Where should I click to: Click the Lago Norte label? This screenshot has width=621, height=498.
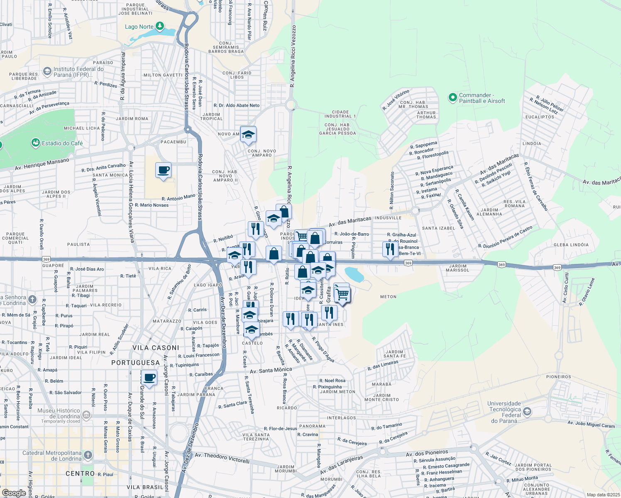point(139,27)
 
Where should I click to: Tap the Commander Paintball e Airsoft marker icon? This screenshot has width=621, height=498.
point(452,98)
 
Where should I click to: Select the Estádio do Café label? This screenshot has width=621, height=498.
point(62,144)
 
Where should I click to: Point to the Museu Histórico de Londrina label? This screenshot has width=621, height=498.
point(59,413)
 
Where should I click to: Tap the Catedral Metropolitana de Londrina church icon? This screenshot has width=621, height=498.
point(88,455)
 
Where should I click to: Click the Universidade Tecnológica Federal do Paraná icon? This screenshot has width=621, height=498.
point(527,412)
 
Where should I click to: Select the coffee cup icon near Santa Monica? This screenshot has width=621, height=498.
point(164,170)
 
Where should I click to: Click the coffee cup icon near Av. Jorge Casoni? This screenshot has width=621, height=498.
point(149,378)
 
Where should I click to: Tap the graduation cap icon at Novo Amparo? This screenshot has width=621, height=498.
point(248,134)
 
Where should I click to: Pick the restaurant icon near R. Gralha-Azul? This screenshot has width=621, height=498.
point(390,249)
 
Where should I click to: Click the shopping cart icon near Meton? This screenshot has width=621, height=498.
point(342,294)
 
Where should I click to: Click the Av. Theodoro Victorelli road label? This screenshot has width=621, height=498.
point(222,458)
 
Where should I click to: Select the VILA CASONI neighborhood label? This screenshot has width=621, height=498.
point(156,348)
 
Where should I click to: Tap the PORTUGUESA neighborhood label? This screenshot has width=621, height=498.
point(135,363)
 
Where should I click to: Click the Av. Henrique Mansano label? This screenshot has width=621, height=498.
point(42,164)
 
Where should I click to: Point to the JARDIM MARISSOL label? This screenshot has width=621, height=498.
point(457,268)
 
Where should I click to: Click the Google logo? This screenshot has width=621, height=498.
point(14,493)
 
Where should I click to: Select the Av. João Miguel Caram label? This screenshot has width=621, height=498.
point(591,424)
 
